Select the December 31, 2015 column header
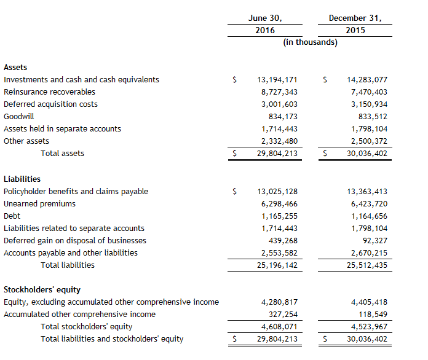point(355,24)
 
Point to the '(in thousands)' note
point(310,42)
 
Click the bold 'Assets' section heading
point(15,67)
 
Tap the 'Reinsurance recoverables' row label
point(49,92)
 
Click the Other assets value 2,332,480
point(280,141)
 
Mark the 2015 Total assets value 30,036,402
point(367,153)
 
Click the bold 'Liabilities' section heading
point(22,179)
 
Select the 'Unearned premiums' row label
point(39,203)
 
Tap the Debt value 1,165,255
point(280,216)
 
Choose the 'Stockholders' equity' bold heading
point(42,289)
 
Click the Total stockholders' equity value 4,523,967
point(369,326)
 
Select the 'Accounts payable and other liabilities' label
point(71,252)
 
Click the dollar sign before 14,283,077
point(325,79)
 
